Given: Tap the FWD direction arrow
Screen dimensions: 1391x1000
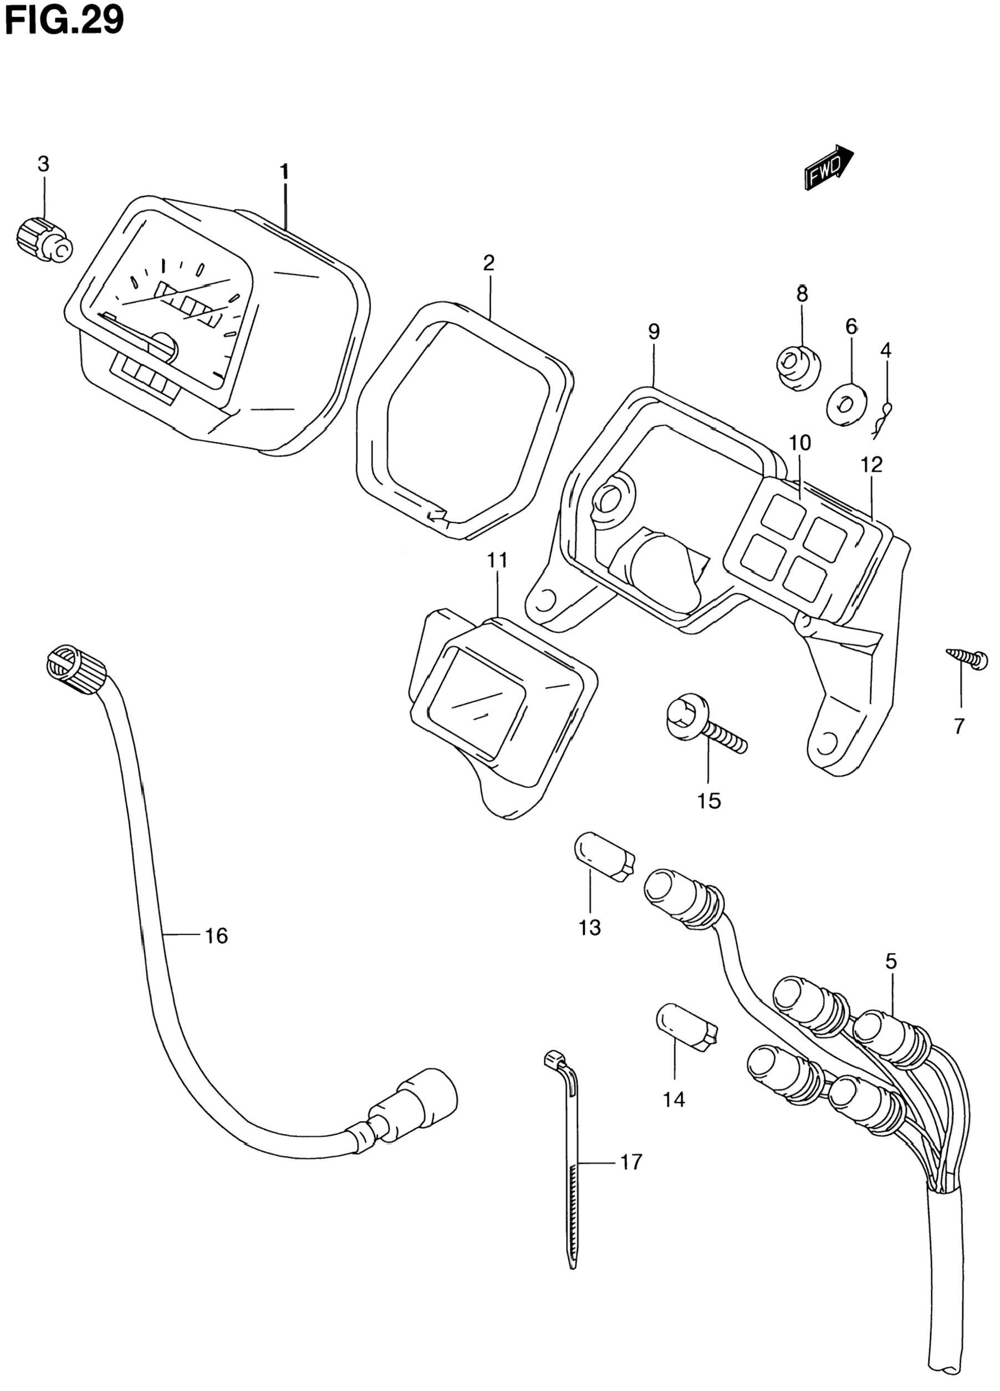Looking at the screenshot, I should point(828,168).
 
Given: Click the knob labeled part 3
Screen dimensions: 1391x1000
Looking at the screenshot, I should point(43,239).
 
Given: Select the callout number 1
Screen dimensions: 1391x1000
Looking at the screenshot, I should point(284,172).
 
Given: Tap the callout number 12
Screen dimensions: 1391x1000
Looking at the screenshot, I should point(871,466).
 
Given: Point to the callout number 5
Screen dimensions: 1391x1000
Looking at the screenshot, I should point(891,961).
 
